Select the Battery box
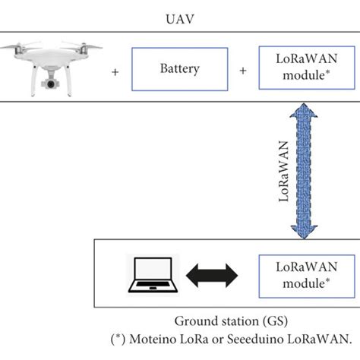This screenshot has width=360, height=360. tap(179, 70)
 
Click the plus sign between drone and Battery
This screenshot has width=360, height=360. tap(115, 71)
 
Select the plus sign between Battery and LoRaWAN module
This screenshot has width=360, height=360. tap(243, 71)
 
